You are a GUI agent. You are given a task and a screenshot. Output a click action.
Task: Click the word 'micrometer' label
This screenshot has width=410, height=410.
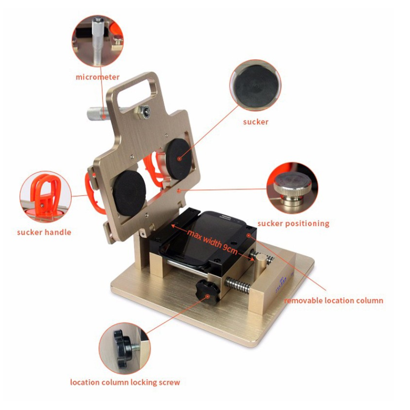click(x=97, y=77)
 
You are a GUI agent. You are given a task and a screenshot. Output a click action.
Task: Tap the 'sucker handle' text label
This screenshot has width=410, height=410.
click(x=44, y=232)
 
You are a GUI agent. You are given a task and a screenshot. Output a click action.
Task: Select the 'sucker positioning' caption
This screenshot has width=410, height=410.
click(x=293, y=223)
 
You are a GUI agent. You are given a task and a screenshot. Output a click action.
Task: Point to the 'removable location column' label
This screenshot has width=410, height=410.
click(x=334, y=300)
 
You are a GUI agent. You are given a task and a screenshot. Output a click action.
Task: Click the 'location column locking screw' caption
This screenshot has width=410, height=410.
click(x=125, y=382)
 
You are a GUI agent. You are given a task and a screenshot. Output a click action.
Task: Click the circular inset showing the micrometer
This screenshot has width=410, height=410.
click(x=98, y=41)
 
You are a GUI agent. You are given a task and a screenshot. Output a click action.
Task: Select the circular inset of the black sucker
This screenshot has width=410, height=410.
click(x=255, y=85)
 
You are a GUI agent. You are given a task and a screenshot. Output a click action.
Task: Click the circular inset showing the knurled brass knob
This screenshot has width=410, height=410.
click(x=292, y=188)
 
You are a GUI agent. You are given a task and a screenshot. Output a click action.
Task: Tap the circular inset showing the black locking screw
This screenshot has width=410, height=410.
click(x=125, y=348)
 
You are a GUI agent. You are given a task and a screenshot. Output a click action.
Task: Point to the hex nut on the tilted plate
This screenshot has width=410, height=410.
click(x=142, y=111)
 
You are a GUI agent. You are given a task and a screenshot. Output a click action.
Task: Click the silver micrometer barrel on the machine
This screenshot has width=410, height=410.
click(x=97, y=113)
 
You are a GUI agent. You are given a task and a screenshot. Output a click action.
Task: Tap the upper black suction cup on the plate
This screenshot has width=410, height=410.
click(x=179, y=158)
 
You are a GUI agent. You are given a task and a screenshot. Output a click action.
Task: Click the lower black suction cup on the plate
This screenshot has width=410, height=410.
click(x=129, y=193)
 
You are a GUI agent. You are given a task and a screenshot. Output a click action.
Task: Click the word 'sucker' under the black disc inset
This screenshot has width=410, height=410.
click(x=256, y=122)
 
